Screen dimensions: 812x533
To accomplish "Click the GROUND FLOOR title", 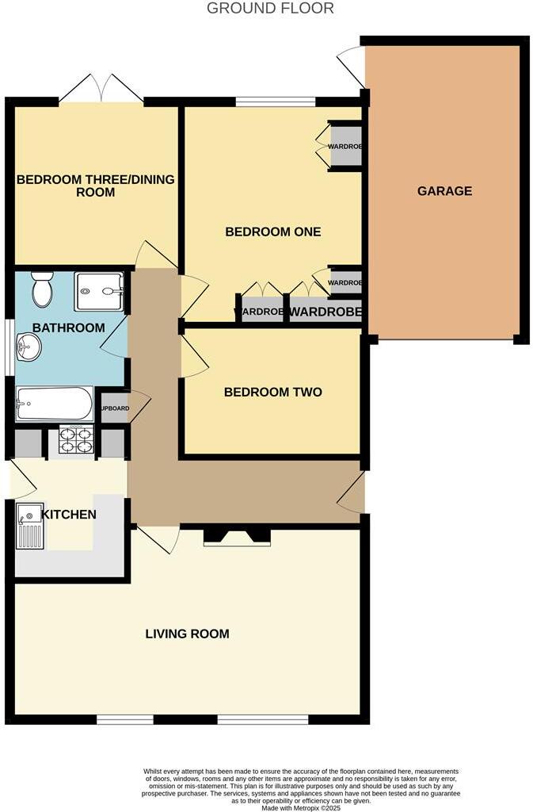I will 270,9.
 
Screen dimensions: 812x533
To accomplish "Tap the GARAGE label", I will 444,191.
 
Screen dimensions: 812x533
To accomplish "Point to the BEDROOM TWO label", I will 272,392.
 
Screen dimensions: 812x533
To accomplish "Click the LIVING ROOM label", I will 187,634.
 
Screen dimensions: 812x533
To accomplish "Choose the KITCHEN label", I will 69,515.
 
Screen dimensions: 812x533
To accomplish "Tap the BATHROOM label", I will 68,327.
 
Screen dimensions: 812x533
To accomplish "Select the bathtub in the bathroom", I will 54,404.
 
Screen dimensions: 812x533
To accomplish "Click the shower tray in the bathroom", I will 99,291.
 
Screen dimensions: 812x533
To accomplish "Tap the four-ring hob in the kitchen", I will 75,439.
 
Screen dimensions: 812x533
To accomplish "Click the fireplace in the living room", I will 237,537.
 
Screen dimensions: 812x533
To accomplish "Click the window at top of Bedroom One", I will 276,101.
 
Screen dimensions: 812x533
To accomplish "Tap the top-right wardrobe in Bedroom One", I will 345,145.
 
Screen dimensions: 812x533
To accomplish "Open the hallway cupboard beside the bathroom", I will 115,408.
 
